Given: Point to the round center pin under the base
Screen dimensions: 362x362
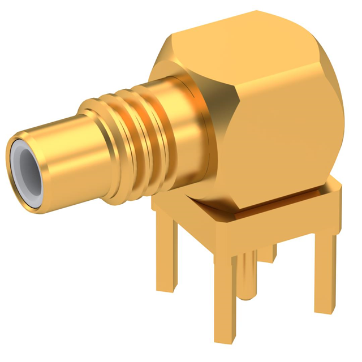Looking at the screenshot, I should click(248, 277).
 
